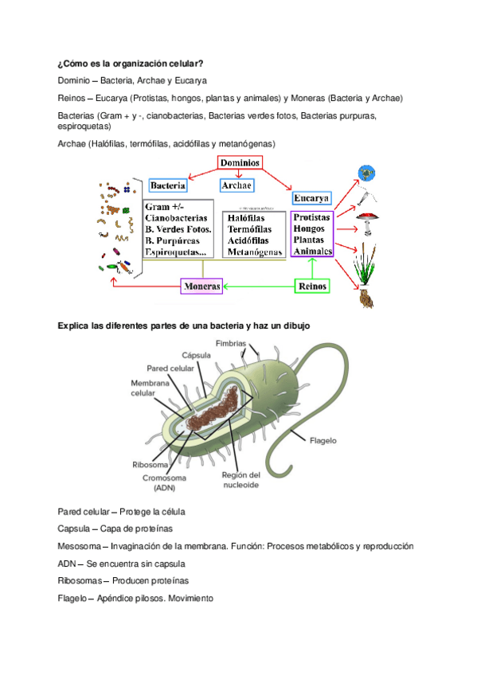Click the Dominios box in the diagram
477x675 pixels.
tap(240, 162)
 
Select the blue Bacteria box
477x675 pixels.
tap(168, 185)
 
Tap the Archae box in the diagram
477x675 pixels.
tap(237, 185)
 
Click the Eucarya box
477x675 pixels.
tap(311, 197)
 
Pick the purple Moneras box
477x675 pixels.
tap(201, 286)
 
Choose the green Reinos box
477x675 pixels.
tap(311, 286)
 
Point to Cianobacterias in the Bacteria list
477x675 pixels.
tap(177, 217)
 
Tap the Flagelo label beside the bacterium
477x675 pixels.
tap(323, 439)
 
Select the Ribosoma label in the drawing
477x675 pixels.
tap(149, 465)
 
